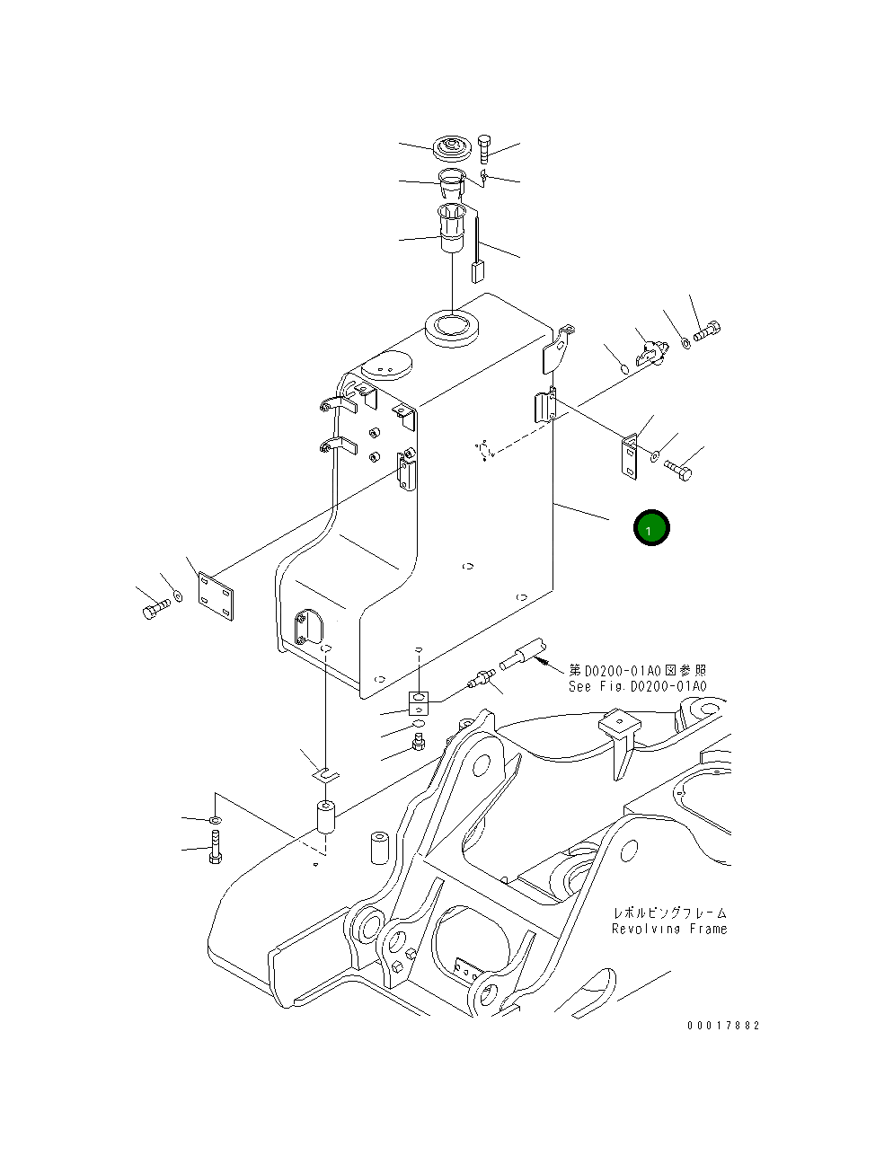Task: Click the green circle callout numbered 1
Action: [651, 528]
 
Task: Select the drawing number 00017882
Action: [722, 1026]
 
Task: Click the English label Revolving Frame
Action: [669, 929]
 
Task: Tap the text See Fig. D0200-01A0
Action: [637, 686]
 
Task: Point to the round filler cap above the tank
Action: [451, 148]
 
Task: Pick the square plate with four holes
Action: [216, 595]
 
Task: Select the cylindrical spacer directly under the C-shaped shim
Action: [324, 824]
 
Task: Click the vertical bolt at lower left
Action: [215, 848]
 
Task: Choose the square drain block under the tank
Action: [420, 701]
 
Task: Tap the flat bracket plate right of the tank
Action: [630, 455]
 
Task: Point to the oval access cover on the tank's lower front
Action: [305, 626]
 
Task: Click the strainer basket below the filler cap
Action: [450, 230]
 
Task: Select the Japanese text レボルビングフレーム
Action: [669, 913]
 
